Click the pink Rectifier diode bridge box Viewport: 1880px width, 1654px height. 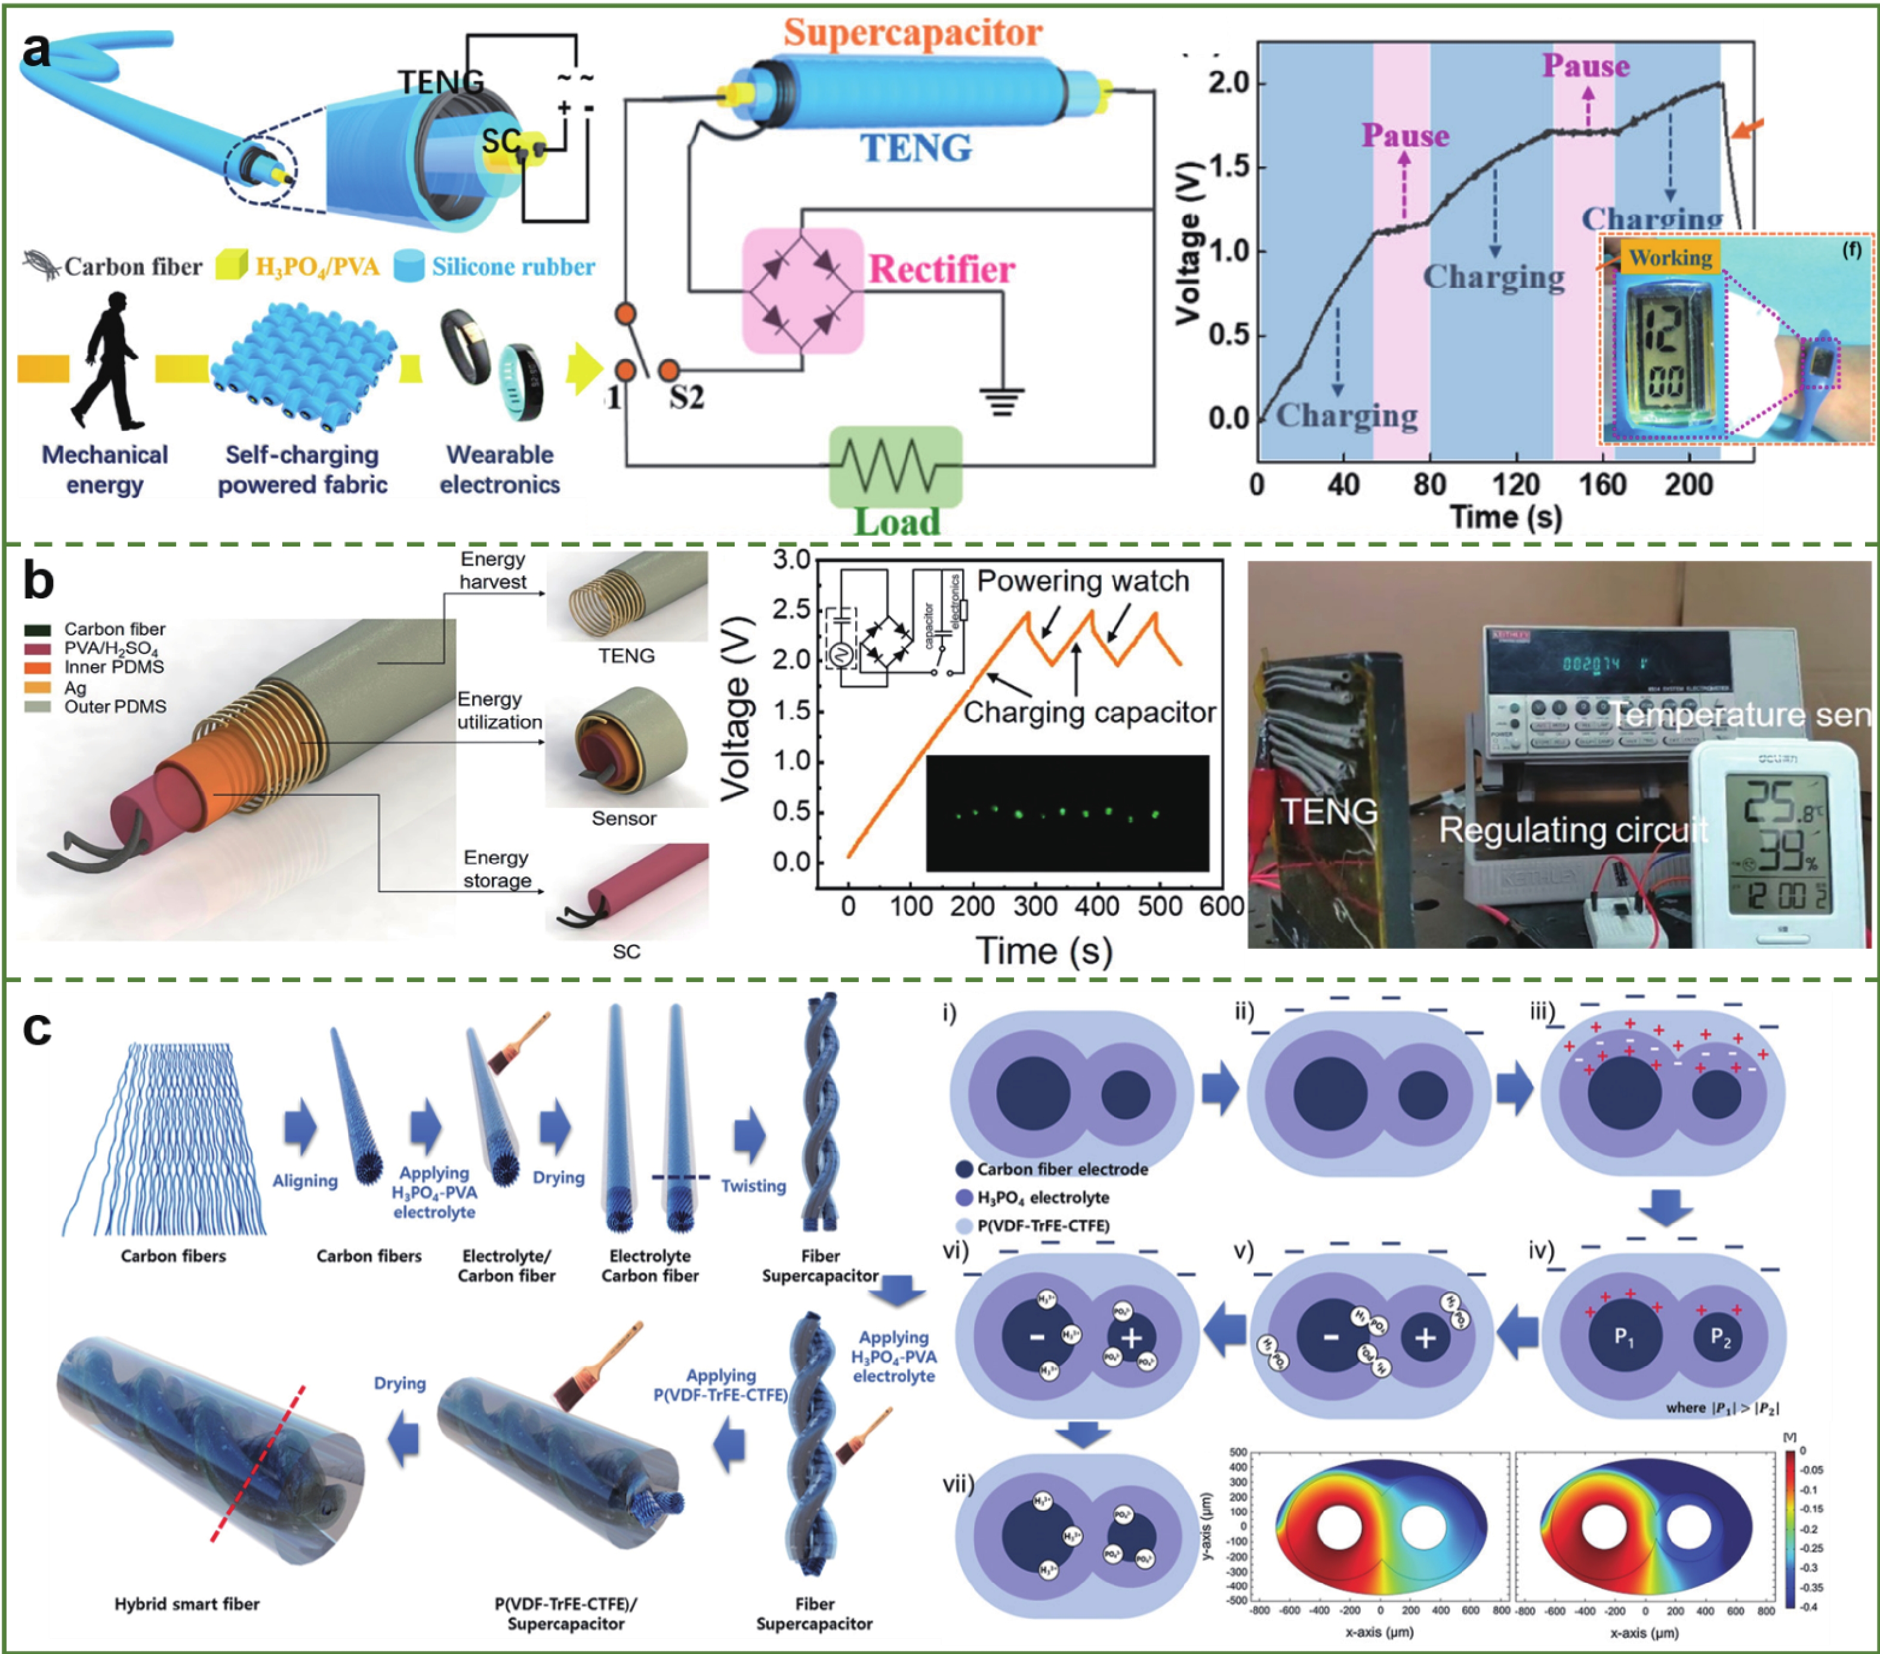[803, 291]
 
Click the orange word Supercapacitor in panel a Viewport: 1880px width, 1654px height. [913, 32]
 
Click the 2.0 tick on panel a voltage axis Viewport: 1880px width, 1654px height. [1229, 84]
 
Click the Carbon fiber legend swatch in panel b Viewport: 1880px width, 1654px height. [38, 629]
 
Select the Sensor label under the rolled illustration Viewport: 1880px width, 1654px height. [624, 818]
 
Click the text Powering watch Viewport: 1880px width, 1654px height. [1083, 581]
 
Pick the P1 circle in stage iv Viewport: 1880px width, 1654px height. [1625, 1336]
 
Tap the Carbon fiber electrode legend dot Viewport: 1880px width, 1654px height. [964, 1168]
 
